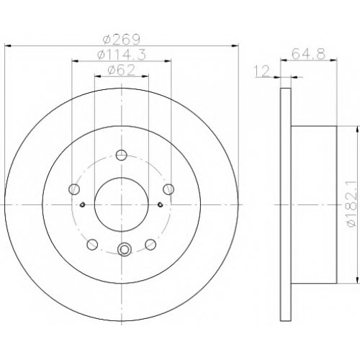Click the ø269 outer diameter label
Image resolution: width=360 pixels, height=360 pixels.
(122, 40)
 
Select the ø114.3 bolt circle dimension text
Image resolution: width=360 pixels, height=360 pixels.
(122, 55)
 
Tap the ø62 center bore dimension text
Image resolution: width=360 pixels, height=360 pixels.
(122, 71)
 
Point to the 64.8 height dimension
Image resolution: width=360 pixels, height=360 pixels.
(309, 54)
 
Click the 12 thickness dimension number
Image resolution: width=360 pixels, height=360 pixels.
(263, 71)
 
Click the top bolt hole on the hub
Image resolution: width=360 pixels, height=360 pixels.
(122, 155)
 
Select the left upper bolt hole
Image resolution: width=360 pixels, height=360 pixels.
(74, 189)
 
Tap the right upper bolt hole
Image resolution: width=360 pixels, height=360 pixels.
(168, 189)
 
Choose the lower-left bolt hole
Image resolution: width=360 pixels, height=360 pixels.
(92, 245)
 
